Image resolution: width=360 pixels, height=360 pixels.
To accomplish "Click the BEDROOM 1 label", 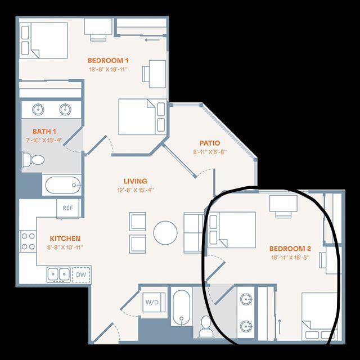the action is [x=108, y=61].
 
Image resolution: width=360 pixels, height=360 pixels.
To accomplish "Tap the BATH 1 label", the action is [x=44, y=132].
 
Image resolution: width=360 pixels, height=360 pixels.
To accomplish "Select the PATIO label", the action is [x=210, y=143].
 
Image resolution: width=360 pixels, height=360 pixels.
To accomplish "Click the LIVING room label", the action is [x=136, y=181].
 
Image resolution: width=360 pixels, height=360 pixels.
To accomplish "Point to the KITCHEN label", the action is [x=65, y=238].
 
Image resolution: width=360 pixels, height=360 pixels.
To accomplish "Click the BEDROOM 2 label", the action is [x=290, y=249].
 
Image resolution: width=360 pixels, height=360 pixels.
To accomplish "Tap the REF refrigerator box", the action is [x=68, y=208].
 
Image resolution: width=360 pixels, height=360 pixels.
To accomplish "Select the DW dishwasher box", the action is [x=81, y=274].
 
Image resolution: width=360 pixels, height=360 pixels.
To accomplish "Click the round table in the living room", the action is [x=165, y=232].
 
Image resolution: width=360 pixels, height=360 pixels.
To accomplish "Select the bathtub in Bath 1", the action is [x=62, y=185].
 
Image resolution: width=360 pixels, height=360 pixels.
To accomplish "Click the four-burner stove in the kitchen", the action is [x=28, y=241].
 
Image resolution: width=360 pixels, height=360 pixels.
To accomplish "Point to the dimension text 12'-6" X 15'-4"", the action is [x=136, y=190].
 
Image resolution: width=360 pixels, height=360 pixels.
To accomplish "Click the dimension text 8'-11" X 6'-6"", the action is [x=210, y=152].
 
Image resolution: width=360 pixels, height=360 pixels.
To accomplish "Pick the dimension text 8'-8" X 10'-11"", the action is [x=65, y=247].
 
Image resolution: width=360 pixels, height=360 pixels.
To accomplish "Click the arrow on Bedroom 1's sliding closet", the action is [x=152, y=40].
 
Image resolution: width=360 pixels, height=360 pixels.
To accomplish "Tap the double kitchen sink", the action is [x=58, y=274].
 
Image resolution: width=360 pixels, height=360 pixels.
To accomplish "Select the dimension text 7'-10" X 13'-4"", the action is [x=44, y=140].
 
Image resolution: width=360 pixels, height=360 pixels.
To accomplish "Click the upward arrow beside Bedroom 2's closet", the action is [x=280, y=327].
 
